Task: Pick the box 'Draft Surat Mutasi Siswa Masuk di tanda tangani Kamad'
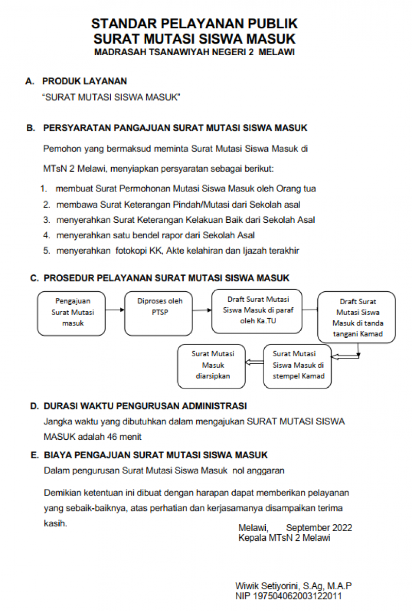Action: [x=357, y=318]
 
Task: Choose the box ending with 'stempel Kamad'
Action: [x=298, y=366]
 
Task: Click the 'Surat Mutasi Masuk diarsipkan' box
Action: [x=211, y=366]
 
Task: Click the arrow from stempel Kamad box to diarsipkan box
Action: [x=254, y=363]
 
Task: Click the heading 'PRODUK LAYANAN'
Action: [x=84, y=81]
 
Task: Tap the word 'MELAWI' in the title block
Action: [x=277, y=52]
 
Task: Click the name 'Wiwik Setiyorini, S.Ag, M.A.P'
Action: [x=294, y=586]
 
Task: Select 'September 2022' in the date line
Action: [x=319, y=528]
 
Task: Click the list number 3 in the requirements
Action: [x=46, y=220]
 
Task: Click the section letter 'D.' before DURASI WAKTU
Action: [x=35, y=406]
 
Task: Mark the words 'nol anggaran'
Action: [x=259, y=470]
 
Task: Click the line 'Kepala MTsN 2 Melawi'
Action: [x=284, y=538]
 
